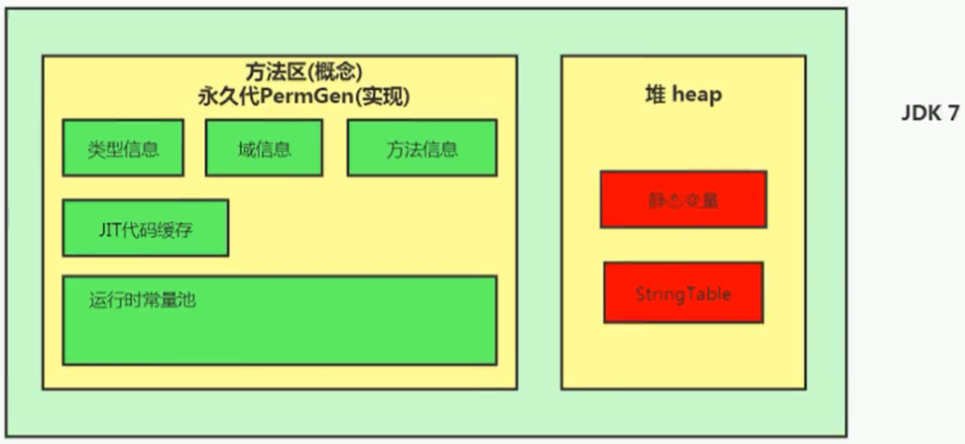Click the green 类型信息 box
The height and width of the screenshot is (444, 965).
pos(123,148)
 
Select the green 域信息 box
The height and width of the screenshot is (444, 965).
pos(263,148)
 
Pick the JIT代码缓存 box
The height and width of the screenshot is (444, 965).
pos(145,228)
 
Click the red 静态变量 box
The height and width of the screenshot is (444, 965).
pos(683,199)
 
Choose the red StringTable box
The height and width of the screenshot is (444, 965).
pos(683,293)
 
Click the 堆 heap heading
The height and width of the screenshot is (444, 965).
pos(682,95)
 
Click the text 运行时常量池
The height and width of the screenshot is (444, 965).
pos(142,301)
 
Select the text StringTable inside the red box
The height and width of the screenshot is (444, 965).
pos(683,294)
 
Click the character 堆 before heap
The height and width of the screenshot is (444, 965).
pos(654,95)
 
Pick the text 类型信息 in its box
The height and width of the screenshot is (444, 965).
pos(123,149)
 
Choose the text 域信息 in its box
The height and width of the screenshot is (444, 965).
pos(263,149)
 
